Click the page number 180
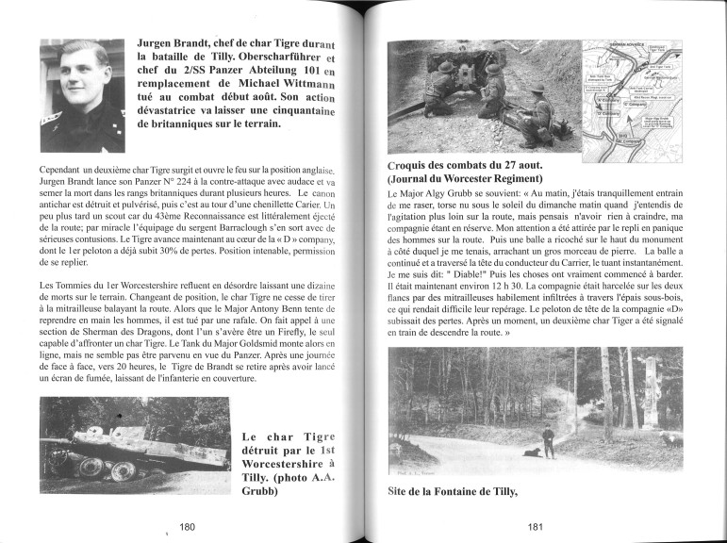pos(187,527)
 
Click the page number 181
pos(539,527)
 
